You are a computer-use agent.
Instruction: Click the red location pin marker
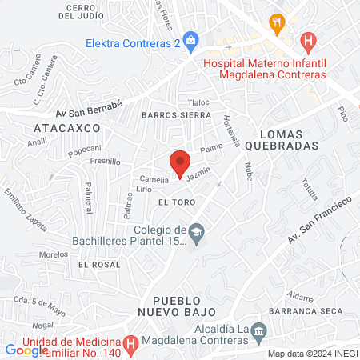tap(180, 162)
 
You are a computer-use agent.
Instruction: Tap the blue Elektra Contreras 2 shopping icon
tap(190, 38)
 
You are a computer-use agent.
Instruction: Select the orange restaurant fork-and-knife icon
tap(278, 22)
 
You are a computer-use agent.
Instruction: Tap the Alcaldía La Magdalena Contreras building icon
tap(258, 330)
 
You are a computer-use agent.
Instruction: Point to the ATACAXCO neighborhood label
tap(67, 127)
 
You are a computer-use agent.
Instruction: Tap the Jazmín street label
tap(198, 172)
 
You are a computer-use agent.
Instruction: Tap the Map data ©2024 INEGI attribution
tap(312, 354)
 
